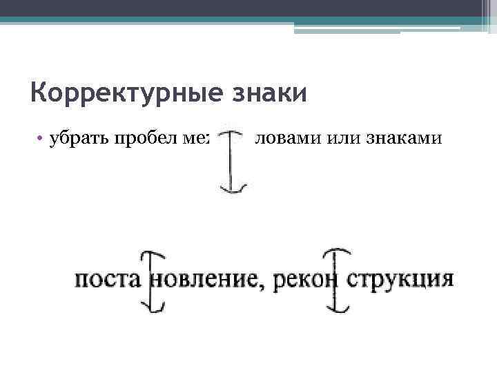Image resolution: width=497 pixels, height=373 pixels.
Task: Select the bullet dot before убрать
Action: point(41,140)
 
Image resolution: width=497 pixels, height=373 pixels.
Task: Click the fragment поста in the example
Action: point(107,280)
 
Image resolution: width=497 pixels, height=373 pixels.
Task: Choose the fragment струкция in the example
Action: point(400,280)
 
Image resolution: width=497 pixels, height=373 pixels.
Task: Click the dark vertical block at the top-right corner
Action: point(487,13)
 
